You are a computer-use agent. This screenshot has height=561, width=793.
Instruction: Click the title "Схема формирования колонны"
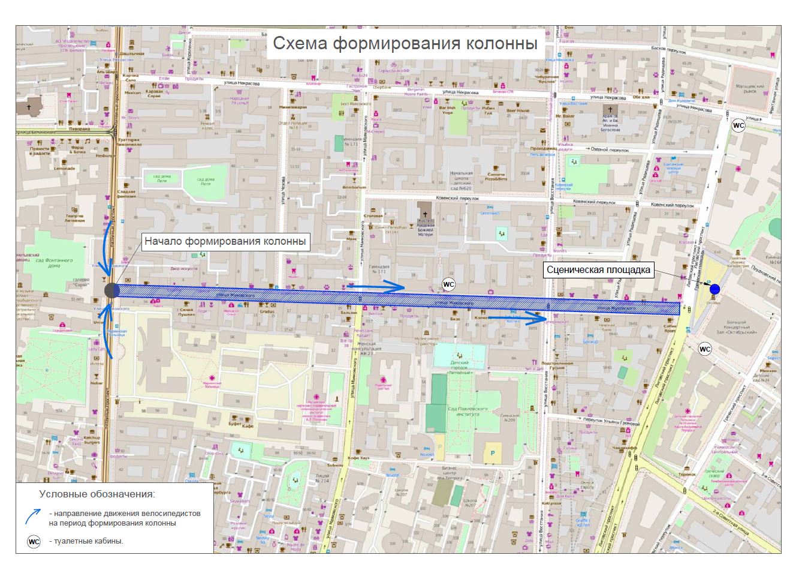[x=405, y=43]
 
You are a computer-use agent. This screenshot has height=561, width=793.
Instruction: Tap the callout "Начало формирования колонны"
[x=225, y=241]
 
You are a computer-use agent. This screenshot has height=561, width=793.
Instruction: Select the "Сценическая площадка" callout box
[x=598, y=270]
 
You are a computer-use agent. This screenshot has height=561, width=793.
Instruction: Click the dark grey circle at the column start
[x=112, y=290]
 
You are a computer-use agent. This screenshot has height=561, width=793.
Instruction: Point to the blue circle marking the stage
[x=714, y=290]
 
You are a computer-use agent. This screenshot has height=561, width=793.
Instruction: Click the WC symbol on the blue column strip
[x=448, y=284]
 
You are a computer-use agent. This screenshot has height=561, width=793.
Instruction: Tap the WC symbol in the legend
[x=34, y=542]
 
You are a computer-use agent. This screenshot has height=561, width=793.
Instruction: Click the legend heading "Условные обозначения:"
[x=97, y=494]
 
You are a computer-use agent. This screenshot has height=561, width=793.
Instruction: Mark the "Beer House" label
[x=518, y=110]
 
